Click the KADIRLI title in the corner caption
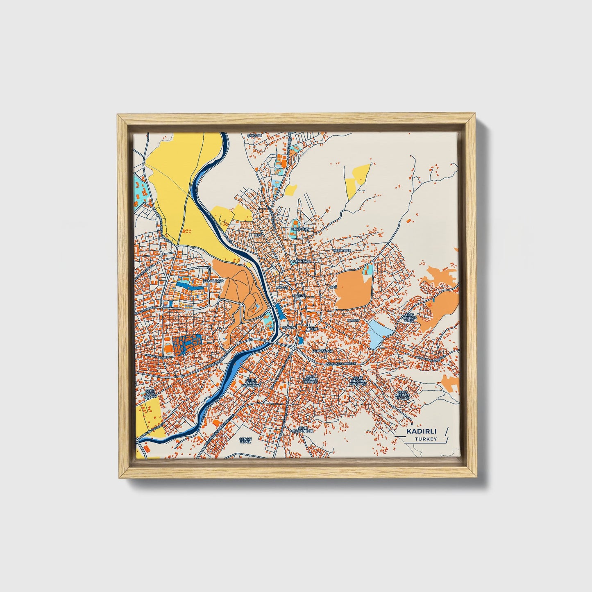pos(421,431)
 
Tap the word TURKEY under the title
pos(425,439)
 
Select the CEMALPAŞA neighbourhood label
pos(213,281)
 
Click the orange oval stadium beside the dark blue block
pos(168,349)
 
